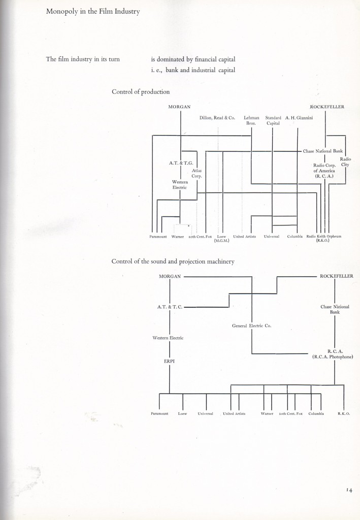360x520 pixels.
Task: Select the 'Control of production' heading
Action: coord(141,92)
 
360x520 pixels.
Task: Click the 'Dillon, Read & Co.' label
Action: coord(217,118)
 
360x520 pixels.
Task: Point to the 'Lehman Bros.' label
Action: coord(251,120)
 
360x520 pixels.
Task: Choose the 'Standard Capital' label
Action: coord(273,120)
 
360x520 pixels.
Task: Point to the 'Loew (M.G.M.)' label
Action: coord(221,238)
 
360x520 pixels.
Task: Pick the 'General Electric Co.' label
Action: coord(252,326)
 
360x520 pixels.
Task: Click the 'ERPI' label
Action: coord(169,362)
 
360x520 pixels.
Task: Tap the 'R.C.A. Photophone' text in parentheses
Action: coord(333,357)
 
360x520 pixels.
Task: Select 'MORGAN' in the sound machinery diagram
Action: coord(170,276)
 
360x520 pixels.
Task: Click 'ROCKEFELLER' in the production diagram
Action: coord(327,107)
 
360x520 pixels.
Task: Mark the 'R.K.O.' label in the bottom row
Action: coord(344,414)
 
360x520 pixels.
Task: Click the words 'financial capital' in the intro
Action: coord(214,59)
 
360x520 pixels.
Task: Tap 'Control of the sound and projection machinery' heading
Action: coord(172,262)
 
